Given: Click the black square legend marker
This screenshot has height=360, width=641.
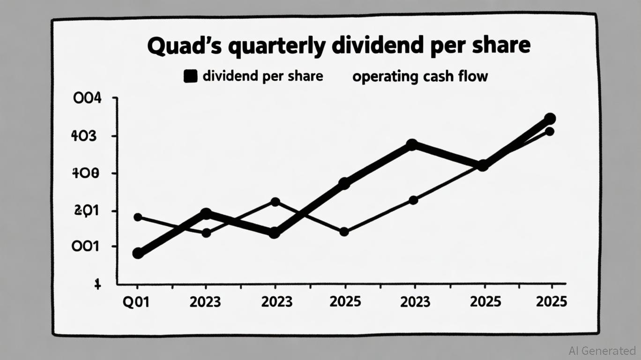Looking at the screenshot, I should (190, 76).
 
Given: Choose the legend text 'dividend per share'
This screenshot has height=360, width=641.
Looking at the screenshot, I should (262, 76).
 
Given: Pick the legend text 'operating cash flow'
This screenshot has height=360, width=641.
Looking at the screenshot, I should (420, 76).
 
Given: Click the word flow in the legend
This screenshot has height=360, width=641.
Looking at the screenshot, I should (473, 76).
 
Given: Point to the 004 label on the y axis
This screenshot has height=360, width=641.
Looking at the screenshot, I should (87, 99).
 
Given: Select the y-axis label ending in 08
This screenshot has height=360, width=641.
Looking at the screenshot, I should (85, 173).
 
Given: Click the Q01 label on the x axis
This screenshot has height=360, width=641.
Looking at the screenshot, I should (136, 301).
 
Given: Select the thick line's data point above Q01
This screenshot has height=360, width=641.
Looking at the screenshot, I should (138, 253).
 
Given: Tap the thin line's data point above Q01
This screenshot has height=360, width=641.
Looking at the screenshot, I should (138, 217).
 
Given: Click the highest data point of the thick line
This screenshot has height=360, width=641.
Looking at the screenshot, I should (550, 119).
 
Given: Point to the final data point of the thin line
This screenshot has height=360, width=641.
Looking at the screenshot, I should (550, 132).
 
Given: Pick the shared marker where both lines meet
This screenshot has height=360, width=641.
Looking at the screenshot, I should (483, 165).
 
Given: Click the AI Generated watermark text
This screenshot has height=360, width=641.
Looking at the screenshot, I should (602, 350).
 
